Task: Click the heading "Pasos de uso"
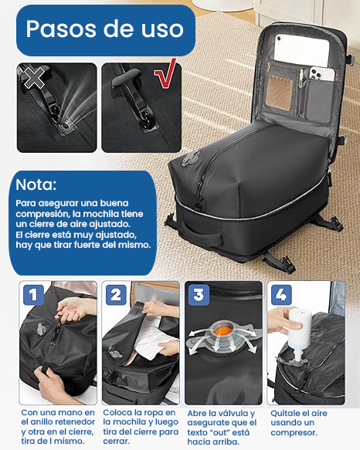(x=104, y=29)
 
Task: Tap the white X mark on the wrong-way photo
(x=34, y=77)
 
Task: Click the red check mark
(x=166, y=73)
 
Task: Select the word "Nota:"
(x=36, y=184)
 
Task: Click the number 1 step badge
(x=33, y=295)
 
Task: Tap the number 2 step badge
(x=116, y=295)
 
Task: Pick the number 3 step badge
(x=199, y=295)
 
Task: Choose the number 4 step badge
(x=281, y=295)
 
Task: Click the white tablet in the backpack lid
(x=301, y=50)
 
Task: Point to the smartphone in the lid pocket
(x=322, y=74)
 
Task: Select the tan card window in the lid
(x=280, y=93)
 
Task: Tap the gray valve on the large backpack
(x=190, y=157)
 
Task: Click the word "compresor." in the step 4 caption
(x=294, y=432)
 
